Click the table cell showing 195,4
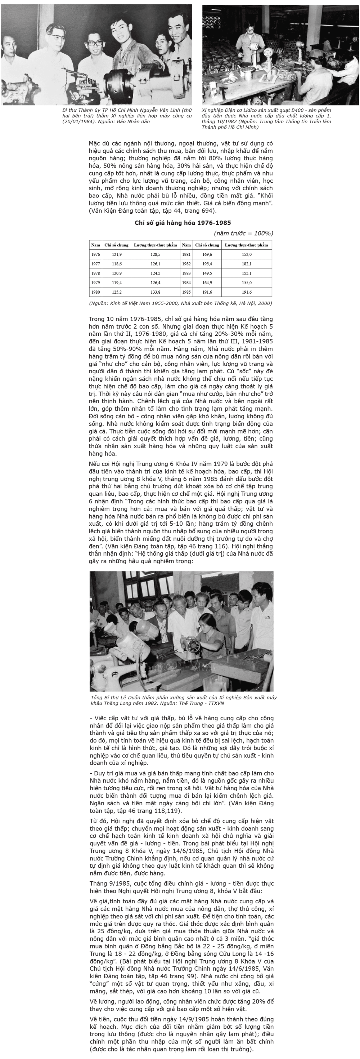(x=207, y=264)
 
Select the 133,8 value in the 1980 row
(x=156, y=292)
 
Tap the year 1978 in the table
(x=95, y=273)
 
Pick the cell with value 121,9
(x=117, y=254)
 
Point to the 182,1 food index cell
(x=247, y=264)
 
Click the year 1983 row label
(x=186, y=273)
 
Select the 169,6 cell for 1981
(x=207, y=254)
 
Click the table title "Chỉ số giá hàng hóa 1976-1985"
(x=183, y=223)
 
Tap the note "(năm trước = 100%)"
(x=243, y=233)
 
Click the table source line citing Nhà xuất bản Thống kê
(x=180, y=303)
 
